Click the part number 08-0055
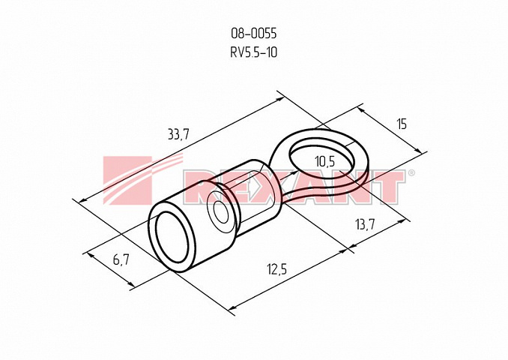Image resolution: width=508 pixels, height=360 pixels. click(x=254, y=33)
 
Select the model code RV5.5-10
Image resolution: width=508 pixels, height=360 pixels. click(x=254, y=52)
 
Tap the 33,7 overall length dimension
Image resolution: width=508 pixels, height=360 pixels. click(x=178, y=134)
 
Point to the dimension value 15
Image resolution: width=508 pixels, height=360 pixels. click(x=402, y=124)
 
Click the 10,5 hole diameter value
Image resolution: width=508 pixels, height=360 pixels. click(x=325, y=161)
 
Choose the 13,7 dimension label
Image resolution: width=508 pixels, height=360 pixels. click(x=365, y=224)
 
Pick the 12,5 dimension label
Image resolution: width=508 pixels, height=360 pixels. click(x=277, y=269)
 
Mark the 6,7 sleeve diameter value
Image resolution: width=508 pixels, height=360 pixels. click(x=121, y=259)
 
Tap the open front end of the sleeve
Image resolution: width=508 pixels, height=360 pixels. click(x=172, y=238)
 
